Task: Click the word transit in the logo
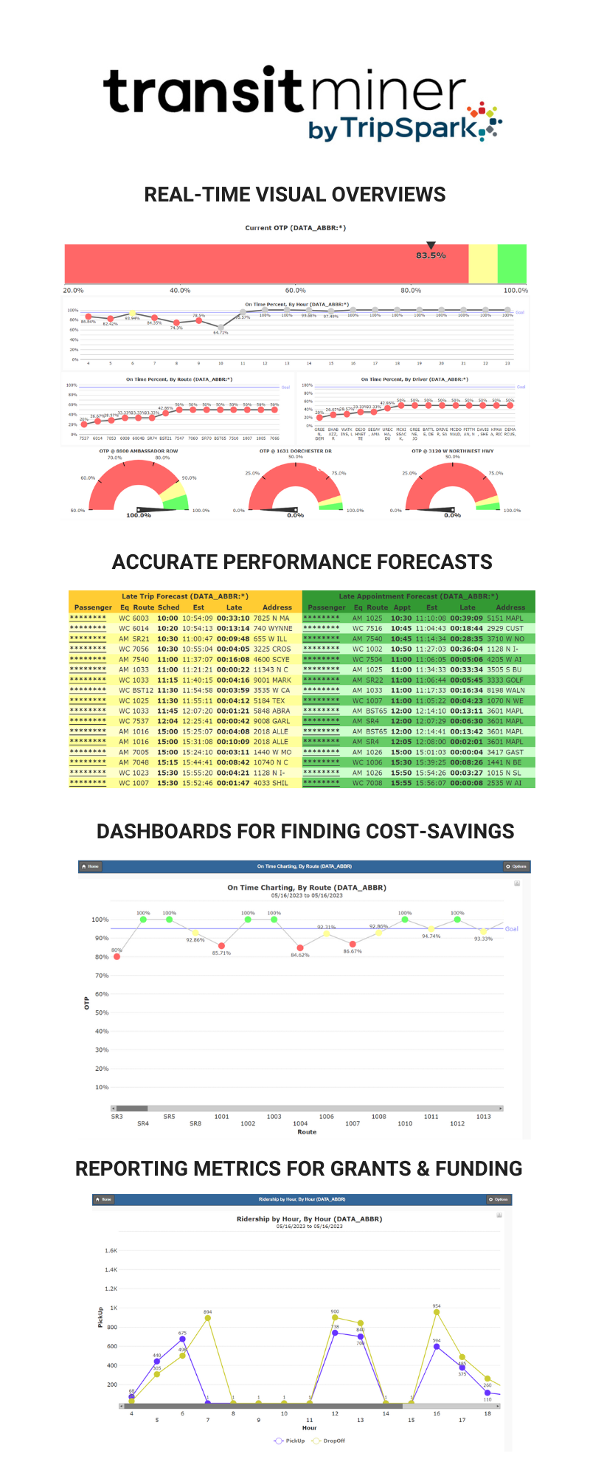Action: point(203,92)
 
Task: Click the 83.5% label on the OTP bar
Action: point(431,255)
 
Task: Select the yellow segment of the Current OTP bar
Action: point(483,263)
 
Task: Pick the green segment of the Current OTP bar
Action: point(512,263)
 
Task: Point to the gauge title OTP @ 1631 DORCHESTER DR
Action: point(295,451)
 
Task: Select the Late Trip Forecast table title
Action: point(184,596)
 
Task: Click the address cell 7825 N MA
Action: point(271,618)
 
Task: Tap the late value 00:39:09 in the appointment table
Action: point(466,618)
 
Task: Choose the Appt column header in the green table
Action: point(402,607)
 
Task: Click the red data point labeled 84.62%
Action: point(300,948)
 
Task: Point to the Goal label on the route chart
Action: point(512,929)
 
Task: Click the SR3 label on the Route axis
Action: point(117,1117)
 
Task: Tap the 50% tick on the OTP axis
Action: point(102,1013)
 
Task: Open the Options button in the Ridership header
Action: point(499,1199)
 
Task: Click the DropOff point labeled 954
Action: point(437,1313)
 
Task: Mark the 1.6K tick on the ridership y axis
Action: point(111,1251)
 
